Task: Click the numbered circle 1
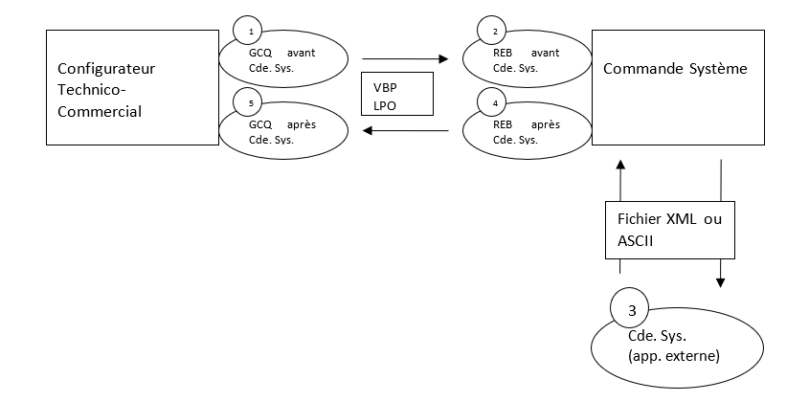pyautogui.click(x=251, y=32)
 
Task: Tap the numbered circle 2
pyautogui.click(x=494, y=32)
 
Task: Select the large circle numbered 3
pyautogui.click(x=630, y=309)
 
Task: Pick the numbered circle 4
pyautogui.click(x=494, y=103)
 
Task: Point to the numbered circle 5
pyautogui.click(x=251, y=103)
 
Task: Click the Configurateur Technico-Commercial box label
pyautogui.click(x=100, y=90)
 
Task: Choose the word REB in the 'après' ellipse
pyautogui.click(x=503, y=124)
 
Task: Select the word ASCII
pyautogui.click(x=633, y=241)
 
